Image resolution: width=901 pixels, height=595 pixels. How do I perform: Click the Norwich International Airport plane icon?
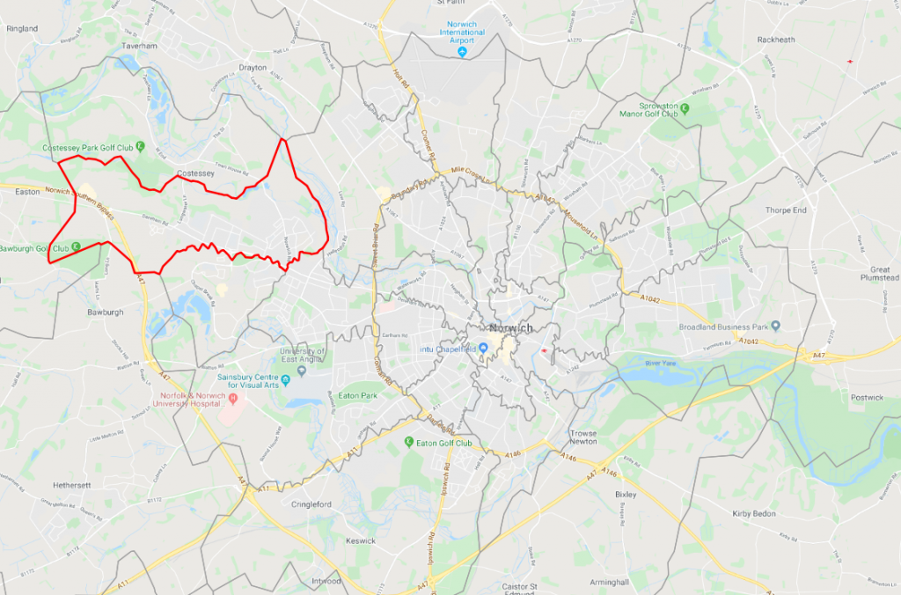(x=462, y=52)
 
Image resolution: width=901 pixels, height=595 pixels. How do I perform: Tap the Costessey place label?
(x=195, y=173)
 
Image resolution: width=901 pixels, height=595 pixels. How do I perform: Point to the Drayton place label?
(x=252, y=68)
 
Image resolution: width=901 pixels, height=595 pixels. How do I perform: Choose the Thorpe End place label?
(x=787, y=210)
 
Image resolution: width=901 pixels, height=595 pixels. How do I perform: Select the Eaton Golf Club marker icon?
(x=408, y=442)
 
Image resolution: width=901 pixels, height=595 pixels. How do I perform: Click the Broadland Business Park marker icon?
(x=774, y=325)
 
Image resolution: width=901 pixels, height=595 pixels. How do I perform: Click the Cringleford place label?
(x=312, y=504)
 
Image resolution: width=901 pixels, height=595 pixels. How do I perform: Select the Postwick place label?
(x=867, y=398)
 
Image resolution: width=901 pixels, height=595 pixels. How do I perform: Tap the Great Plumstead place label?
(x=880, y=273)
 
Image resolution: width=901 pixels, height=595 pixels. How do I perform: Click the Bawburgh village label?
(x=106, y=312)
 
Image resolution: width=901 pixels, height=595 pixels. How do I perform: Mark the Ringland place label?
(x=22, y=29)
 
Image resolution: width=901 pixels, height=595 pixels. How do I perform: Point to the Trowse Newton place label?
(x=582, y=437)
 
